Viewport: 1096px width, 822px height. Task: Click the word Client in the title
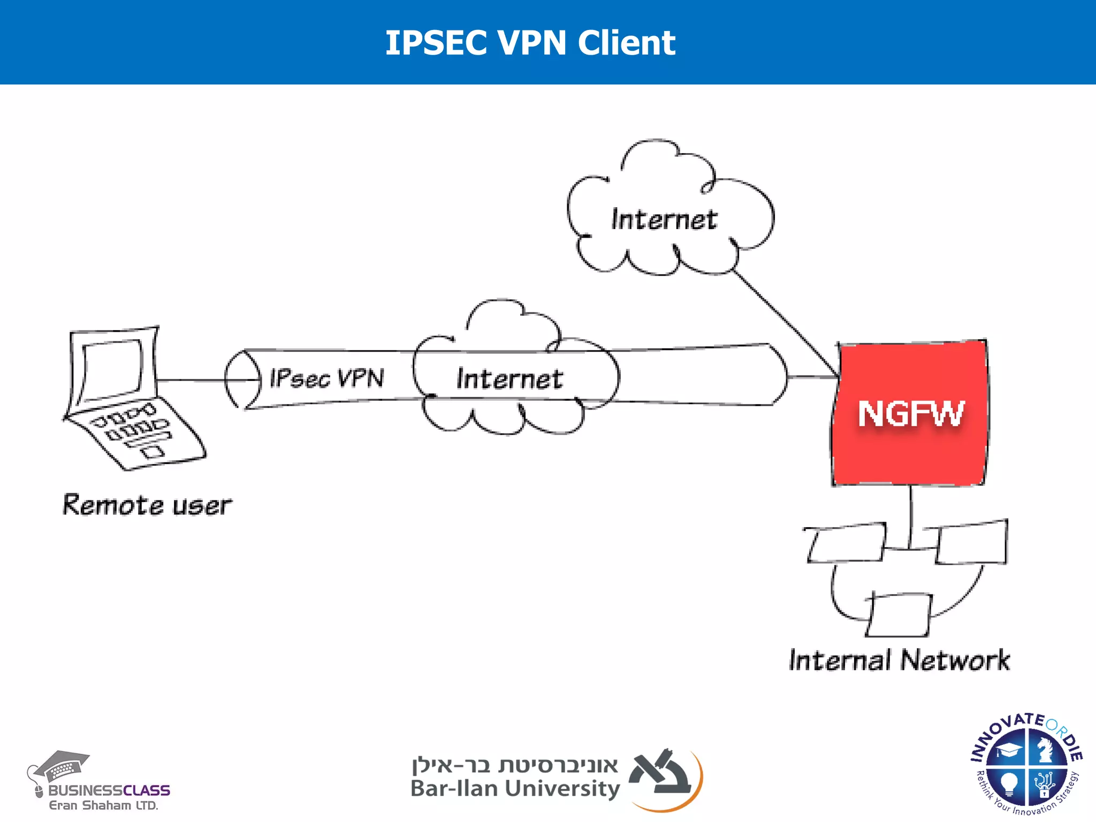(x=626, y=42)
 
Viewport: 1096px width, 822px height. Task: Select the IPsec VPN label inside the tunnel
(x=326, y=378)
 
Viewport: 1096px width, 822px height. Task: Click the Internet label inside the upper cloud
(x=664, y=219)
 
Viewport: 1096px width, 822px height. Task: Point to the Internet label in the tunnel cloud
(x=509, y=379)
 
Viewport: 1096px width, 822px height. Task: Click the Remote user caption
(x=147, y=505)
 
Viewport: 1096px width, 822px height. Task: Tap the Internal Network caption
(x=899, y=660)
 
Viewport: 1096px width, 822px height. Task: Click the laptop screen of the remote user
(x=112, y=368)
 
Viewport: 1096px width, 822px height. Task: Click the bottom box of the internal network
(x=899, y=615)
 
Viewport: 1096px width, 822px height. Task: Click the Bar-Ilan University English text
(x=515, y=788)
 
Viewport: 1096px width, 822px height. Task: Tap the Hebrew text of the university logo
(x=515, y=765)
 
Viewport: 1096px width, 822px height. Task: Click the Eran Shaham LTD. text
(x=103, y=805)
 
